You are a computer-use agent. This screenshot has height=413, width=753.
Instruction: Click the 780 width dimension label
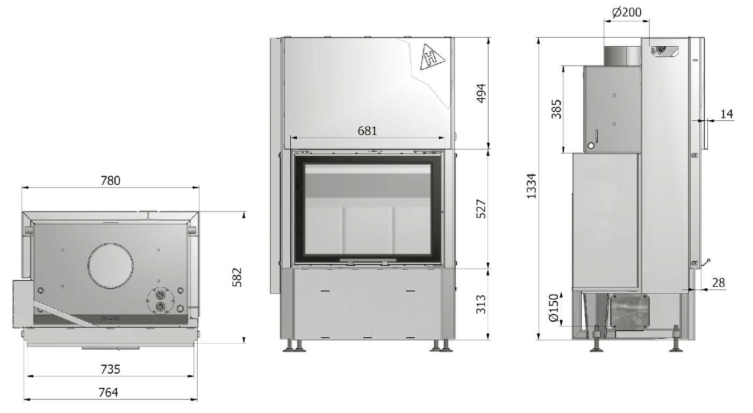110,180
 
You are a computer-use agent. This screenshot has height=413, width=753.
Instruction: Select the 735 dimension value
110,369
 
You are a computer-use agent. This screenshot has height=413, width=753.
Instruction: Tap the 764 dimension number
108,392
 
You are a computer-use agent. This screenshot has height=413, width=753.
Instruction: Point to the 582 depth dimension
237,277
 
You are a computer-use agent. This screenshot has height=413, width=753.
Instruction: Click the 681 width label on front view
367,131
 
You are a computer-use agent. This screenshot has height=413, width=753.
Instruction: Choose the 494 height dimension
482,93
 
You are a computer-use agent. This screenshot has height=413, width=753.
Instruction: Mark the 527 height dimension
482,209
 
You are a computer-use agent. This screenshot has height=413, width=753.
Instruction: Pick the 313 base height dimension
482,304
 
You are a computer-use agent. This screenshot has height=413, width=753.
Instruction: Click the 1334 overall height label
531,186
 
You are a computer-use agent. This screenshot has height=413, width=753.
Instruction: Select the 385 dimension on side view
556,109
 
